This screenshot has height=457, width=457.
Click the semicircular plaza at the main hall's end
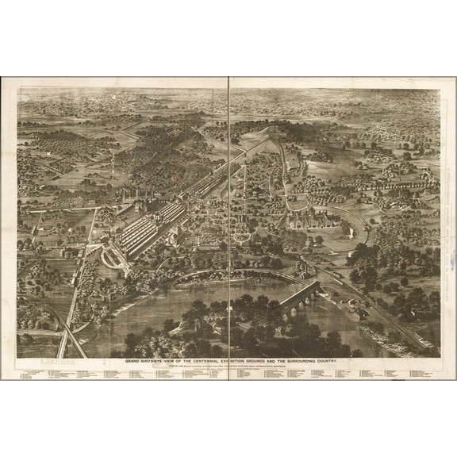coord(109,255)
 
